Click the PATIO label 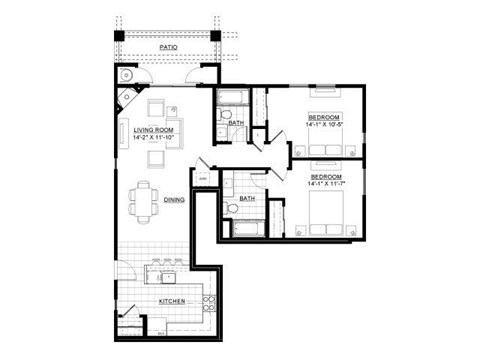168,47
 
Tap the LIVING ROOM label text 154,130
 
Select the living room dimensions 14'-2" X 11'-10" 154,138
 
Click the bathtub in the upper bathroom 232,98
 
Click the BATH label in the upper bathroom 236,123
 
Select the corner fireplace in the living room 128,99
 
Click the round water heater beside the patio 126,76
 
